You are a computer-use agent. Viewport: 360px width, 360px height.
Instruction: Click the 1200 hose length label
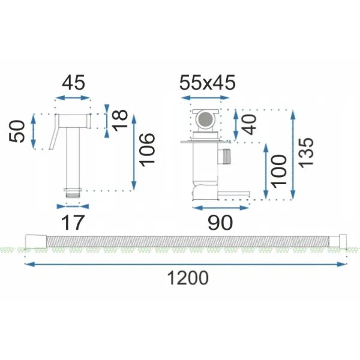click(188, 278)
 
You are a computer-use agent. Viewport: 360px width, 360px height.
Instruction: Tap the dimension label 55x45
click(208, 82)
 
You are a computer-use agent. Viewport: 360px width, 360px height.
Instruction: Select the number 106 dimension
click(147, 149)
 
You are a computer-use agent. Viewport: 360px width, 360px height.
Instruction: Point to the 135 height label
click(305, 153)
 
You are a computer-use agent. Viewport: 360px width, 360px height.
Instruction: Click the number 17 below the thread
click(73, 223)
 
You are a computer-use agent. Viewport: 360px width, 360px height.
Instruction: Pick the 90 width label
click(220, 223)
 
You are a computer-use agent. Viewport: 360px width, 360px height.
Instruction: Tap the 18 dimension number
click(119, 121)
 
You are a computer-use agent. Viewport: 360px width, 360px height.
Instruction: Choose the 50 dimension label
click(17, 131)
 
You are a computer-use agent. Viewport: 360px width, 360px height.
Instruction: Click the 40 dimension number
click(249, 124)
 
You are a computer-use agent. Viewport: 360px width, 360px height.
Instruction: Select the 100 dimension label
click(278, 171)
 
